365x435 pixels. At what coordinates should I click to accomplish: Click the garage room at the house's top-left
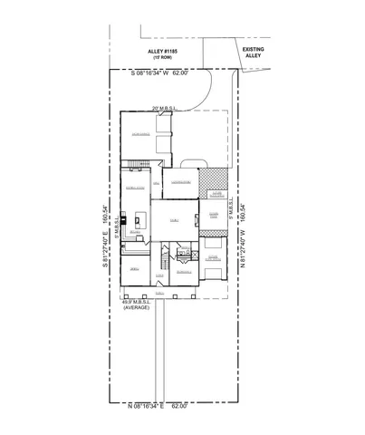141,136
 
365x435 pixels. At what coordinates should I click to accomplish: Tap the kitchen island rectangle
139,218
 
